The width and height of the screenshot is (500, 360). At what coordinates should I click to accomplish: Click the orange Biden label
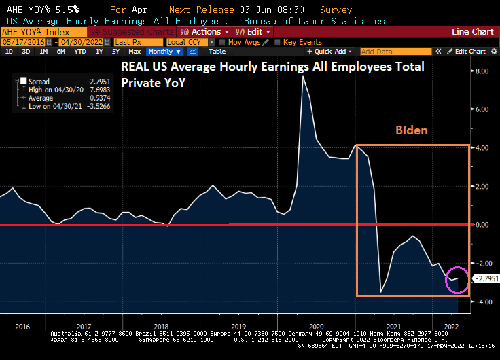coord(412,130)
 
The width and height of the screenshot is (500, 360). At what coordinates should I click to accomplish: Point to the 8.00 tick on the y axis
coord(482,71)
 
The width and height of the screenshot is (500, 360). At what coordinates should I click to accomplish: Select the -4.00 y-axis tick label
coord(482,302)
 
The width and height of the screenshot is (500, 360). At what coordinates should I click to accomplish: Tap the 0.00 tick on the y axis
coord(482,225)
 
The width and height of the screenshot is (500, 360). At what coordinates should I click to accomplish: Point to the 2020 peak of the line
coord(303,76)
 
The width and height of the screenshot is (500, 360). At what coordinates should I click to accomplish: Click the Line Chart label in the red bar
coord(472,32)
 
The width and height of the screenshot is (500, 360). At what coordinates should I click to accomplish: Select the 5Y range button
coord(115,52)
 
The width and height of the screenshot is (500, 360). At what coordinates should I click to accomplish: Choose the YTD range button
coord(80,52)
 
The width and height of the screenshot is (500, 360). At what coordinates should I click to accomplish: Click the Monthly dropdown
coord(163,52)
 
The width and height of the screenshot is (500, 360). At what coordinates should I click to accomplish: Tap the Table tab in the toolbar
coord(217,52)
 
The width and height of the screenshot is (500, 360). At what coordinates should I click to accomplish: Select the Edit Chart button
coord(469,52)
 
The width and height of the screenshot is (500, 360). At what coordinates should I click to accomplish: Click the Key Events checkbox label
coord(302,42)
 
